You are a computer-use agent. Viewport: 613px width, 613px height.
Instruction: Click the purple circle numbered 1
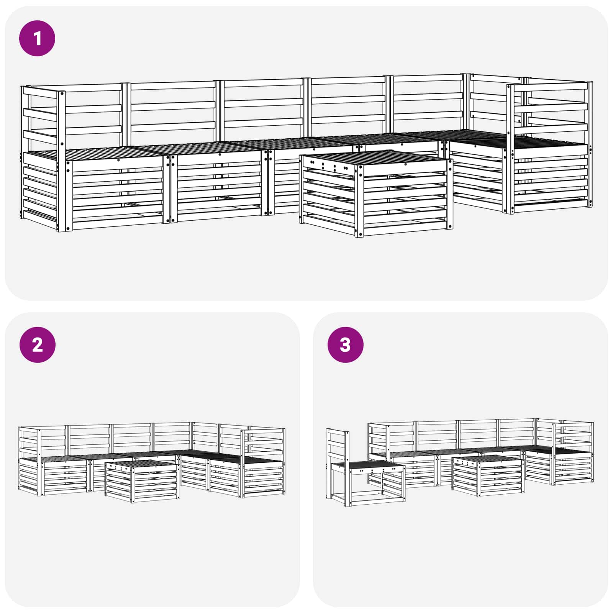(x=37, y=38)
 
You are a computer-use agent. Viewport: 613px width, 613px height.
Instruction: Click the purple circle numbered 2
(x=37, y=345)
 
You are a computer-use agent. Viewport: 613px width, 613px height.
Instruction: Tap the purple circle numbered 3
(x=345, y=345)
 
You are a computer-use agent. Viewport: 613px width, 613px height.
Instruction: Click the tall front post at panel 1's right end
(x=510, y=149)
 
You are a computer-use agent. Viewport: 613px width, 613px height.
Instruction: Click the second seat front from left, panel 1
(x=218, y=188)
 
